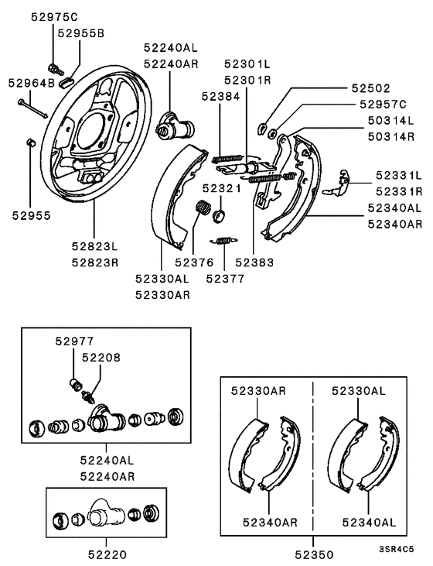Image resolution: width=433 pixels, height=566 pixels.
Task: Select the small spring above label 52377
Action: [223, 241]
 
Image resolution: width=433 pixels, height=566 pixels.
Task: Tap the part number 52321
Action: [222, 188]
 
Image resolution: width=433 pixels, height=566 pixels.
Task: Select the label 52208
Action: [97, 357]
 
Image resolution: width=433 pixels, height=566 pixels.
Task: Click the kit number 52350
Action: [315, 554]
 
